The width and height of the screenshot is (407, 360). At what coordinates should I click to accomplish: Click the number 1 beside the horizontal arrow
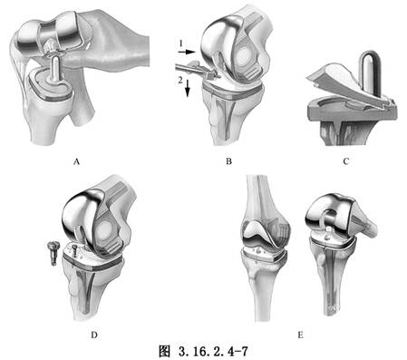pyautogui.click(x=180, y=44)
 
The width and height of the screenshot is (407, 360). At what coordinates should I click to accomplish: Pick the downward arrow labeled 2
pyautogui.click(x=194, y=85)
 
